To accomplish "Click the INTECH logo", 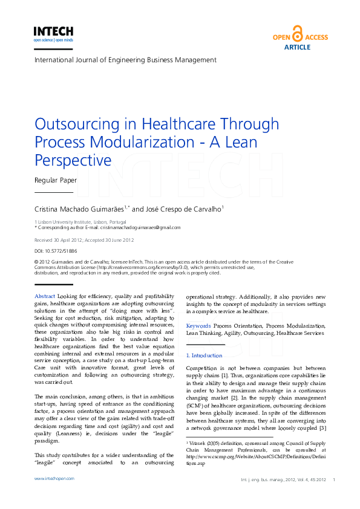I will [53, 32].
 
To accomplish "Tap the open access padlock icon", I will [297, 33].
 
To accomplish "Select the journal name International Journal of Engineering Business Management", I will [125, 60].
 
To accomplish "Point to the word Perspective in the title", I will [73, 160].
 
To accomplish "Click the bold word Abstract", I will [45, 296].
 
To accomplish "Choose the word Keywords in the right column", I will [198, 325].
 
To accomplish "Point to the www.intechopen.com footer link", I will [54, 478].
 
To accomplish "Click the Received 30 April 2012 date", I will [60, 239].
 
